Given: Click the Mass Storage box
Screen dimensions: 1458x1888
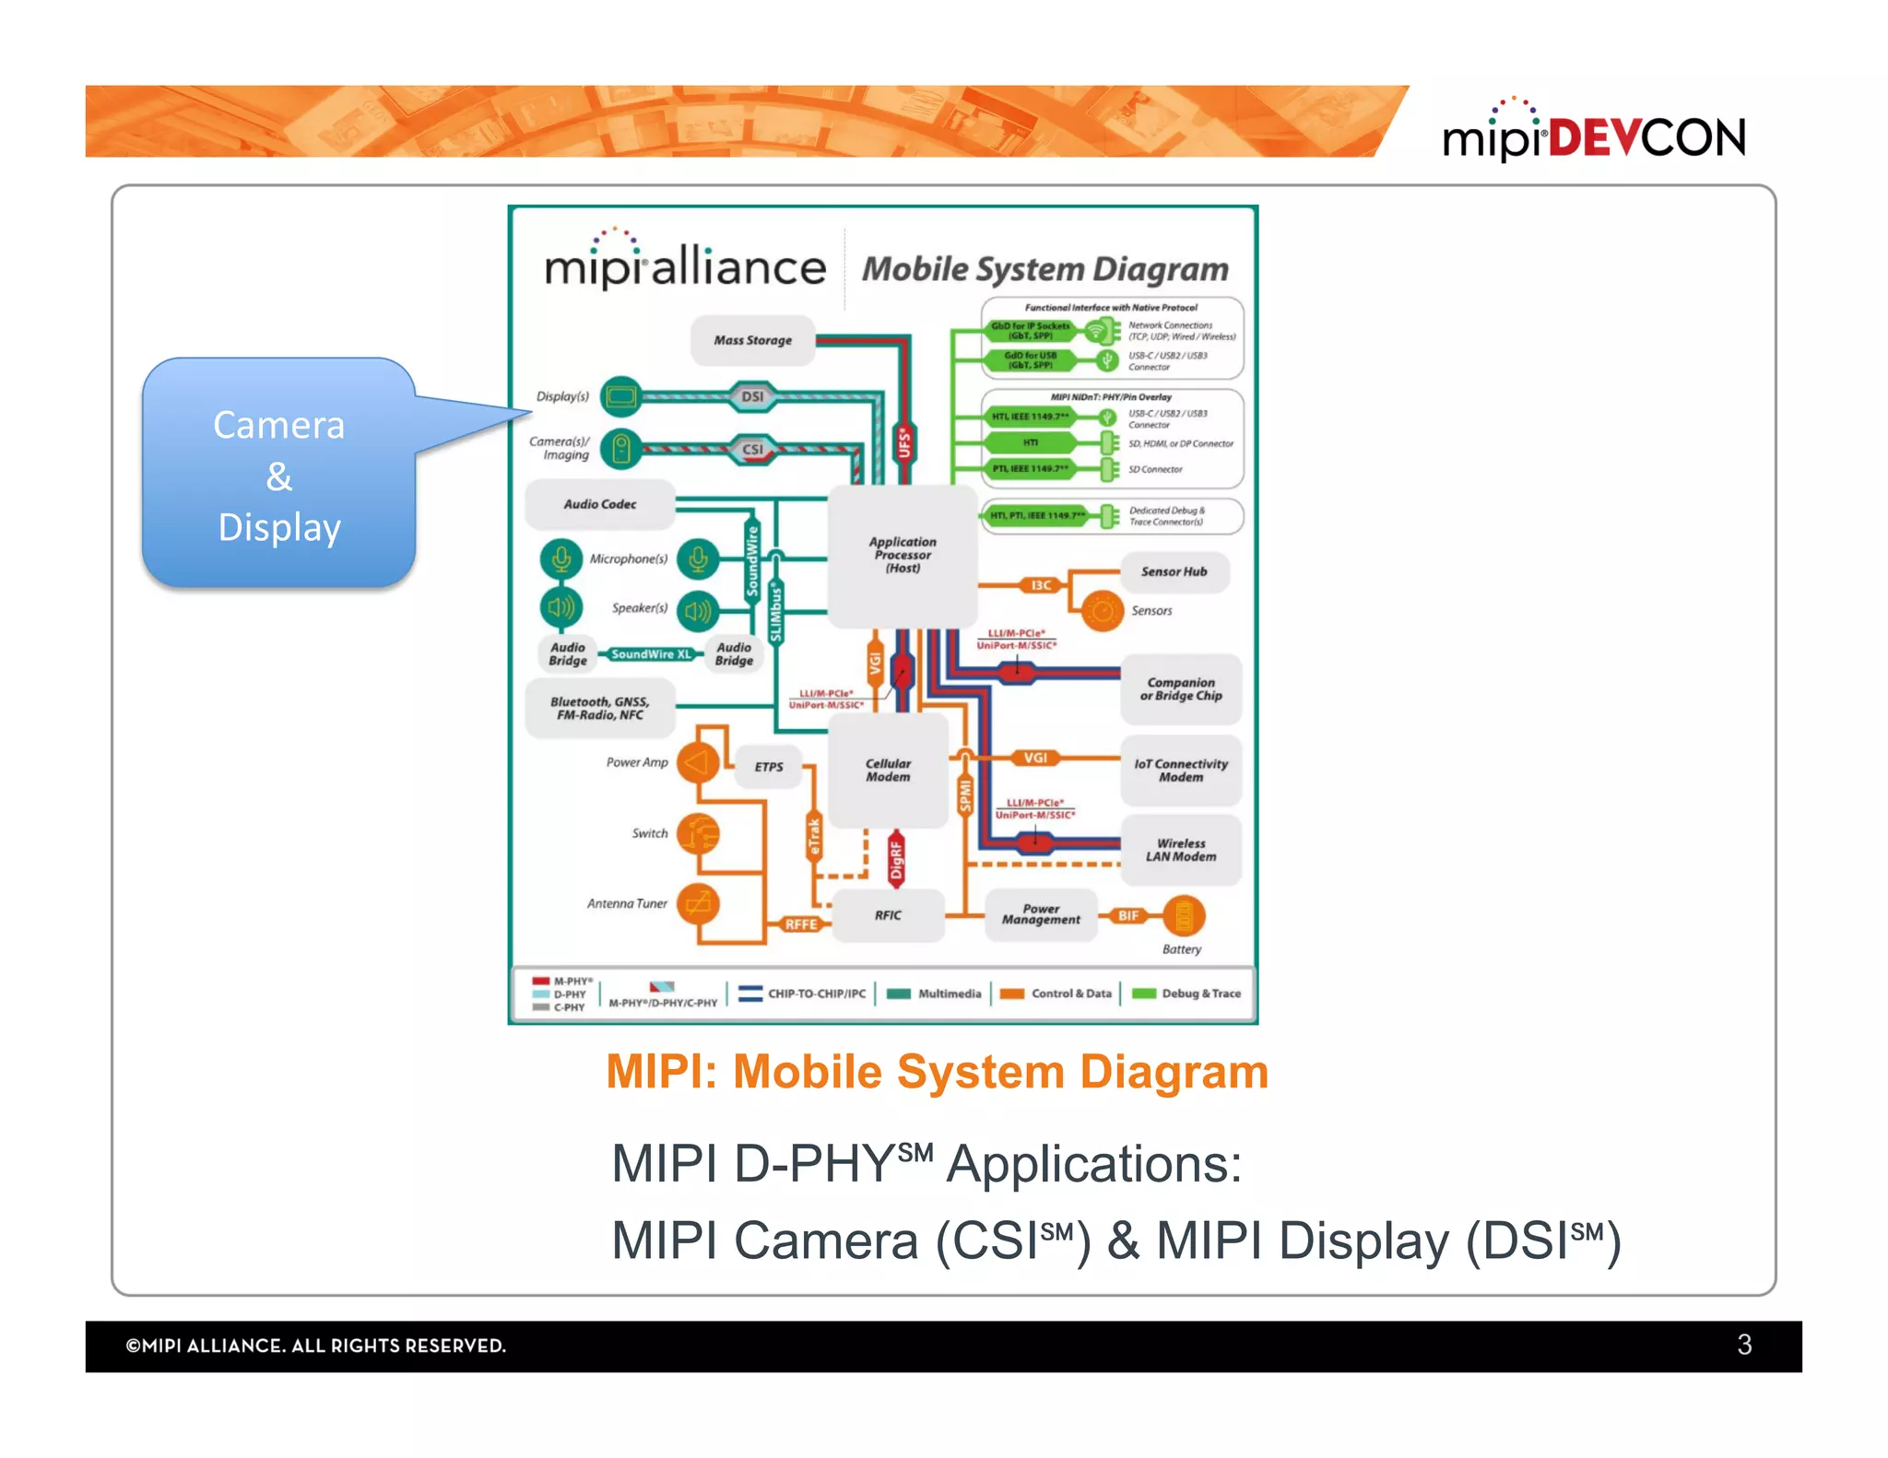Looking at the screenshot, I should [x=752, y=340].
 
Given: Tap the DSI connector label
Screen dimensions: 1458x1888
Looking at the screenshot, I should [x=752, y=396].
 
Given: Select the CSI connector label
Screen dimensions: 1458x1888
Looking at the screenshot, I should [x=752, y=450].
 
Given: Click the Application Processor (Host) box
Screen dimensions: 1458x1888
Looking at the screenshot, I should [x=902, y=555].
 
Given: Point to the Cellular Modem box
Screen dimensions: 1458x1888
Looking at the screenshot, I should [x=887, y=770].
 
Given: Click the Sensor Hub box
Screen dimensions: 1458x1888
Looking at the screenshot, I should [x=1173, y=571].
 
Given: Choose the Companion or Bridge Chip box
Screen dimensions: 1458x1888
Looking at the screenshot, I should [x=1180, y=689].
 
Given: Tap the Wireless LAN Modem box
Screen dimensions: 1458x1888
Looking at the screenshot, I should [x=1180, y=850].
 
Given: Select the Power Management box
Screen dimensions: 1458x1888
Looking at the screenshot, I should [x=1041, y=914].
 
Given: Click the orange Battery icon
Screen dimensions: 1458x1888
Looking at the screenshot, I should [x=1183, y=916].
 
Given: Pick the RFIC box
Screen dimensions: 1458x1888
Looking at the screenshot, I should [x=887, y=915].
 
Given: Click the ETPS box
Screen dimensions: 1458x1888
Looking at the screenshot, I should [x=768, y=767].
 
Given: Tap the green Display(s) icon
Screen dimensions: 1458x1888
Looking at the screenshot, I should [x=620, y=397].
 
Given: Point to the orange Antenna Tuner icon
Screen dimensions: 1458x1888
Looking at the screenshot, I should [x=698, y=903].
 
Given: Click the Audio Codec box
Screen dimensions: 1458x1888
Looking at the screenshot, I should [x=599, y=504].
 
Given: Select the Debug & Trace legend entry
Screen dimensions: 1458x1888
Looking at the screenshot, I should [x=1188, y=994].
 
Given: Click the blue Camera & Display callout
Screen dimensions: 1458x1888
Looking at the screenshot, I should [x=279, y=475].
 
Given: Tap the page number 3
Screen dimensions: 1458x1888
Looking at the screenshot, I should [x=1743, y=1345].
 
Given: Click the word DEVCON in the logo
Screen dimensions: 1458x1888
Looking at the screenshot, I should [x=1646, y=138].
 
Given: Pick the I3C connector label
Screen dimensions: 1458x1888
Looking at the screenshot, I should [x=1041, y=585].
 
